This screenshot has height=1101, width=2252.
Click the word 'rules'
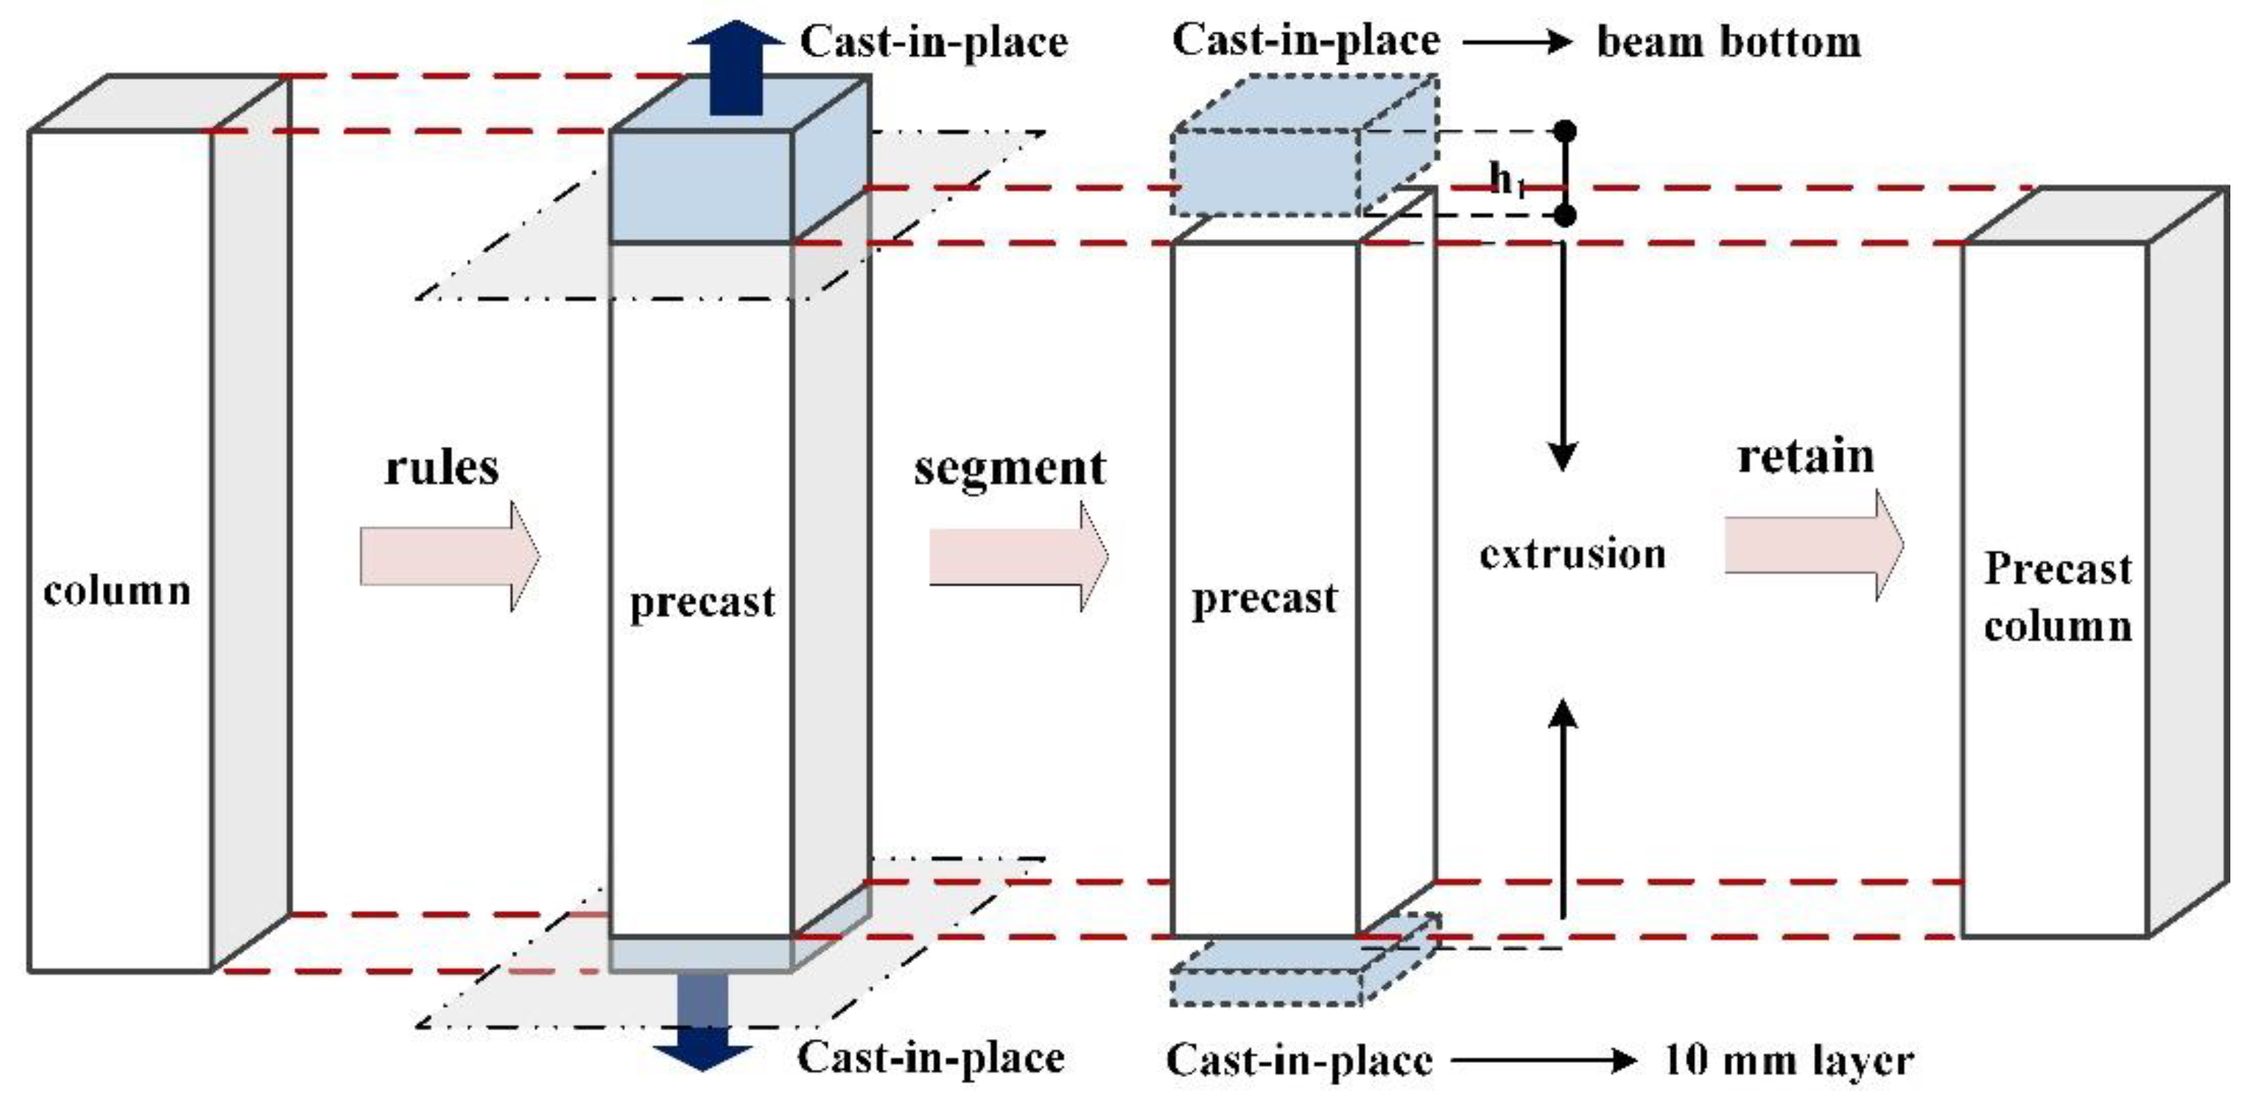coord(442,467)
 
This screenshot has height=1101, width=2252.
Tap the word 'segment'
coord(1010,468)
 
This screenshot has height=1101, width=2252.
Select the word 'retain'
coord(1806,457)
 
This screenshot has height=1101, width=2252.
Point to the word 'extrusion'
coord(1572,553)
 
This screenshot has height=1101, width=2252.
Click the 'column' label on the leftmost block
coord(117,592)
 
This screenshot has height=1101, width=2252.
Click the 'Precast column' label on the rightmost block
coord(2058,597)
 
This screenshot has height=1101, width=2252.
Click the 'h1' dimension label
coord(1506,181)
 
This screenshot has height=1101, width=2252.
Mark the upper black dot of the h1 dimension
coord(1565,131)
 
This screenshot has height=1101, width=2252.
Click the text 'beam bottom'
coord(1728,42)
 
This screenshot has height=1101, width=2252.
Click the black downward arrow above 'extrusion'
coord(1563,359)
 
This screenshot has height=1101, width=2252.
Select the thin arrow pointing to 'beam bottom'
coord(1518,42)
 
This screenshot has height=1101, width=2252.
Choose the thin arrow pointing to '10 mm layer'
coord(1543,1061)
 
